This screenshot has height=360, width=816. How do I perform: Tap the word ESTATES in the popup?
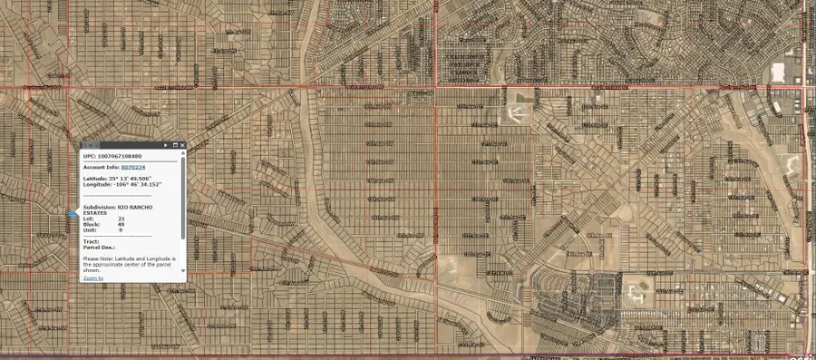[x=95, y=213]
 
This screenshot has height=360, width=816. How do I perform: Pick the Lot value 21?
[x=121, y=219]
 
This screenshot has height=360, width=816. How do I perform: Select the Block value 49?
[x=121, y=224]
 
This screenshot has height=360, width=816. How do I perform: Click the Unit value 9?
[x=121, y=229]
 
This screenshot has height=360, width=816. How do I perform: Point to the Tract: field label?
[x=91, y=241]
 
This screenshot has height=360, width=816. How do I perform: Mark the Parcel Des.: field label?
[x=97, y=247]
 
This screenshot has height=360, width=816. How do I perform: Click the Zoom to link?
[x=92, y=277]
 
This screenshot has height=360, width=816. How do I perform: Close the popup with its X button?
[x=183, y=145]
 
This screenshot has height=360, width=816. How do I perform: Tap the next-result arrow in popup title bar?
[x=165, y=145]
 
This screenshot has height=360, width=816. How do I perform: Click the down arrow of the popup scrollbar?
[x=183, y=270]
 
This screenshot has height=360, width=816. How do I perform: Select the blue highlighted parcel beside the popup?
[x=72, y=215]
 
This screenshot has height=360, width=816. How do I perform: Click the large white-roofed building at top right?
[x=778, y=72]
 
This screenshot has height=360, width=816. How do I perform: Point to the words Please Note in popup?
[x=98, y=258]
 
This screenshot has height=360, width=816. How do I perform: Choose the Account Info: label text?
[x=101, y=168]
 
